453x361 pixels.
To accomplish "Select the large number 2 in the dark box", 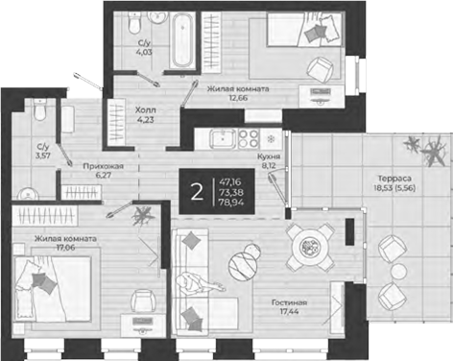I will pyautogui.click(x=198, y=191).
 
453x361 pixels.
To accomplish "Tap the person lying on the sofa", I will pyautogui.click(x=200, y=286).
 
